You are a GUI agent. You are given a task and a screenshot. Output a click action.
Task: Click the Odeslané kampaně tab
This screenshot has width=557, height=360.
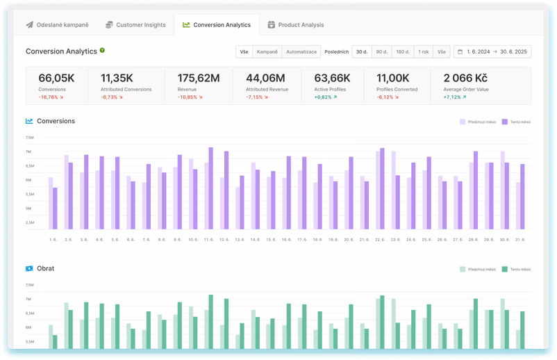(58, 25)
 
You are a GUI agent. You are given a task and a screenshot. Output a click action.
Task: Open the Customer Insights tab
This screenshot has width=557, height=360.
(135, 25)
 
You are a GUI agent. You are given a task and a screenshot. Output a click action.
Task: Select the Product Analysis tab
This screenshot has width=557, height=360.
(296, 25)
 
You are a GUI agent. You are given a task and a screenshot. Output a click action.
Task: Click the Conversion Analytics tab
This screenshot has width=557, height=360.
(217, 25)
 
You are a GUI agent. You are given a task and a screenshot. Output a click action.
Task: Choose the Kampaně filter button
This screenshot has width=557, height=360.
(267, 51)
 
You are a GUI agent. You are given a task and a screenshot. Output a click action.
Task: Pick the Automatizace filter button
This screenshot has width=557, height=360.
(301, 51)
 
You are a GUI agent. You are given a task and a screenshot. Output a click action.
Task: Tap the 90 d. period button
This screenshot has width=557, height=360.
(381, 51)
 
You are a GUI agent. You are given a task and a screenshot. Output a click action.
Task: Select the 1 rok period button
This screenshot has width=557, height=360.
(422, 51)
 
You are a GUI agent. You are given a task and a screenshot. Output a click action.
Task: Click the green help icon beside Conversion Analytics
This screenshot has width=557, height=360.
(102, 51)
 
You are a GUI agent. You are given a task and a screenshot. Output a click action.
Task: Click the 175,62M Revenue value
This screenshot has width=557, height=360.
(199, 79)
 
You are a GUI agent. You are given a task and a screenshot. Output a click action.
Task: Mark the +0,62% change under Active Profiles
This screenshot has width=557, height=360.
(325, 97)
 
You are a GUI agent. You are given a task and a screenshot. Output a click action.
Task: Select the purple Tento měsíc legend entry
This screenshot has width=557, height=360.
(515, 121)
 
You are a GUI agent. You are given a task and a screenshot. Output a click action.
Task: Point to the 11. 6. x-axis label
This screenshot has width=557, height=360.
(208, 239)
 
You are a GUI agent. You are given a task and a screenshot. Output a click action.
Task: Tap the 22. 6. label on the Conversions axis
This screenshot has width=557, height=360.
(381, 239)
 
